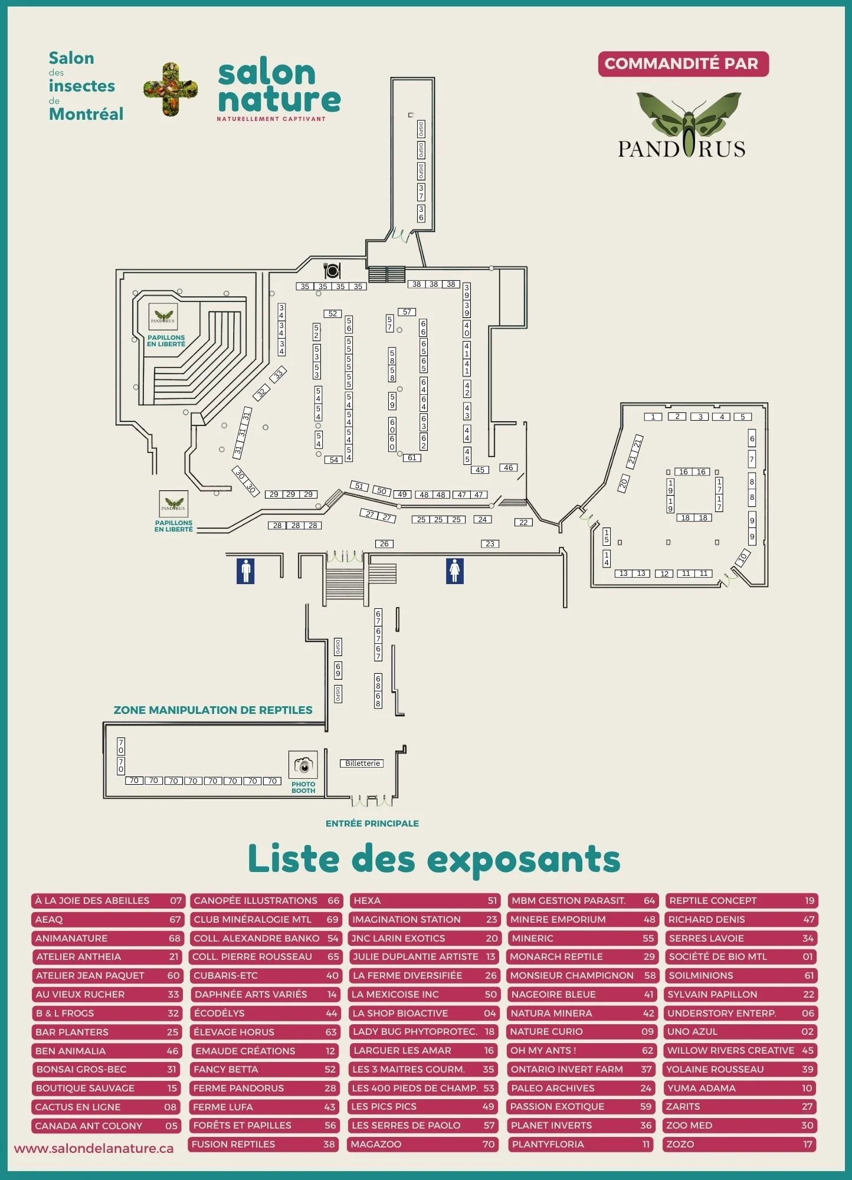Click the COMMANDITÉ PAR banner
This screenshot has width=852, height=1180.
coord(683,64)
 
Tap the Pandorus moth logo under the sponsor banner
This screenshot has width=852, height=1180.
coord(683,126)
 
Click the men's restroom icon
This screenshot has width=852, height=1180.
coord(245,571)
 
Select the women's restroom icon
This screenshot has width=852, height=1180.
coord(454,571)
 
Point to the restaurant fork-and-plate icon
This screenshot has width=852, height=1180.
coord(332,270)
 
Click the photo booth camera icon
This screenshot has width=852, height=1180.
coord(303,765)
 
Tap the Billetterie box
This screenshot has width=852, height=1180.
coord(362,763)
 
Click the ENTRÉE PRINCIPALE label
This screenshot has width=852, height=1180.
coord(372,824)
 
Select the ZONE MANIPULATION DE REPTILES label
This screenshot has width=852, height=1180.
coord(213,710)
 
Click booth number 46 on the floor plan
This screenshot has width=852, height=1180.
coord(508,468)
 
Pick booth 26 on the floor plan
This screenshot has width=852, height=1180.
coord(384,544)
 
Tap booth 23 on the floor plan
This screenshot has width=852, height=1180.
coord(490,544)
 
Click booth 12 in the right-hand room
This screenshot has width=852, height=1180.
coord(664,573)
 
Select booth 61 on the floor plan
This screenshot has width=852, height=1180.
coord(412,458)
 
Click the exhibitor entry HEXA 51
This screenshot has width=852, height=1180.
coord(424,901)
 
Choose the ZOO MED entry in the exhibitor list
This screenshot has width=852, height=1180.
coord(740,1126)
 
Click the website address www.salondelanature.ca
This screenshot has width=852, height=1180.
coord(94,1149)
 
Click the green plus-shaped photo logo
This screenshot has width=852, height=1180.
coord(171,90)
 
